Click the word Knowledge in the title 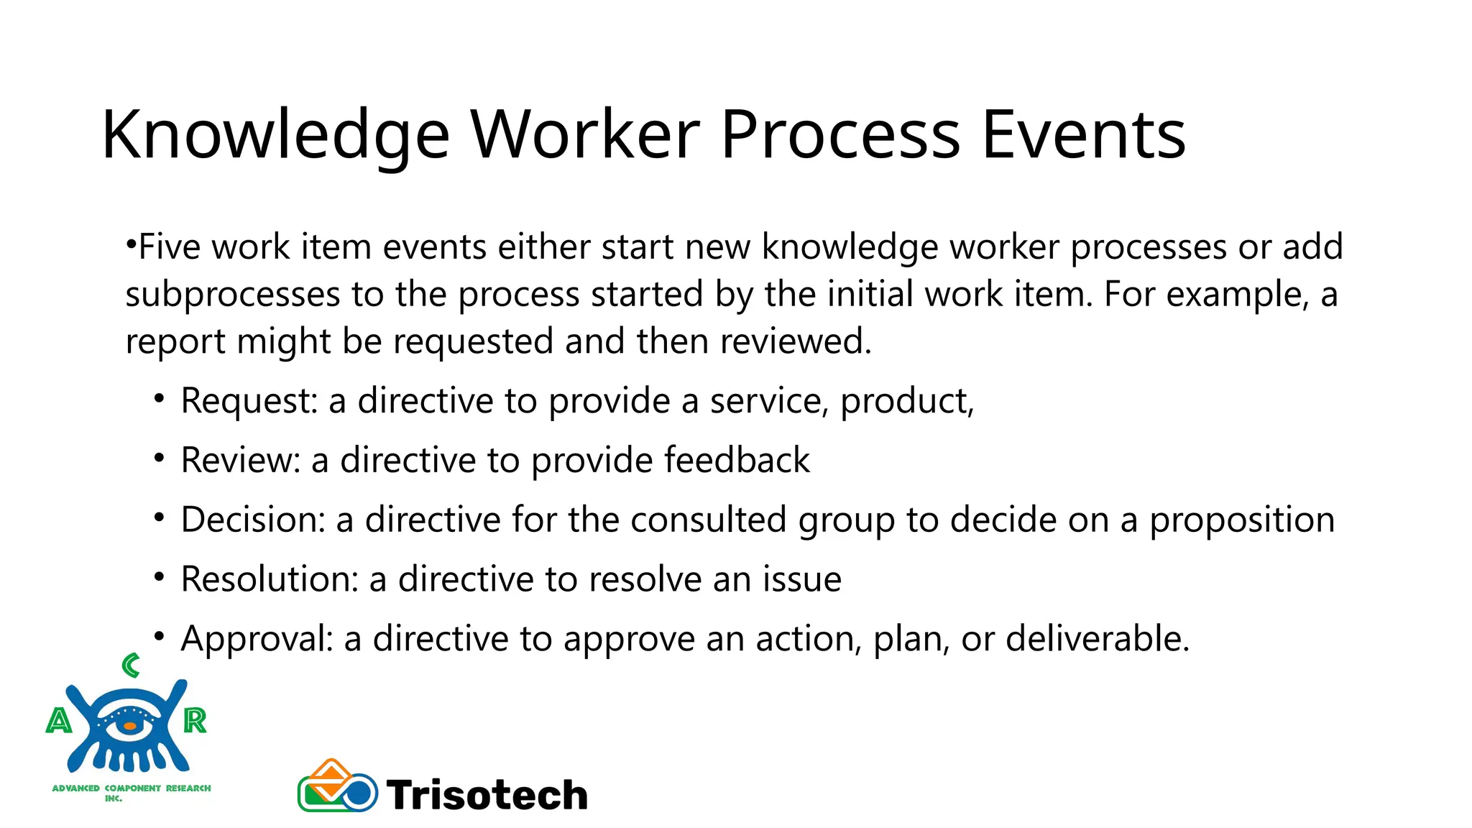pos(275,134)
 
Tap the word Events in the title pos(1083,134)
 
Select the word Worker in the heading pos(584,134)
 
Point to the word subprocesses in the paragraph pos(232,295)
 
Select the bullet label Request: pos(249,401)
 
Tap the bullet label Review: pos(240,460)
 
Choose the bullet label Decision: pos(253,520)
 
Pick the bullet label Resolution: pos(270,579)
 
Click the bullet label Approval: pos(257,639)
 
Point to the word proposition pos(1241,520)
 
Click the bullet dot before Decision pos(160,517)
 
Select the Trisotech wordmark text pos(487,795)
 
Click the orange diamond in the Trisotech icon pos(331,776)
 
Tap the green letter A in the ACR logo pos(59,720)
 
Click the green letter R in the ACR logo pos(195,720)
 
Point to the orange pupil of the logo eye pos(129,726)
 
